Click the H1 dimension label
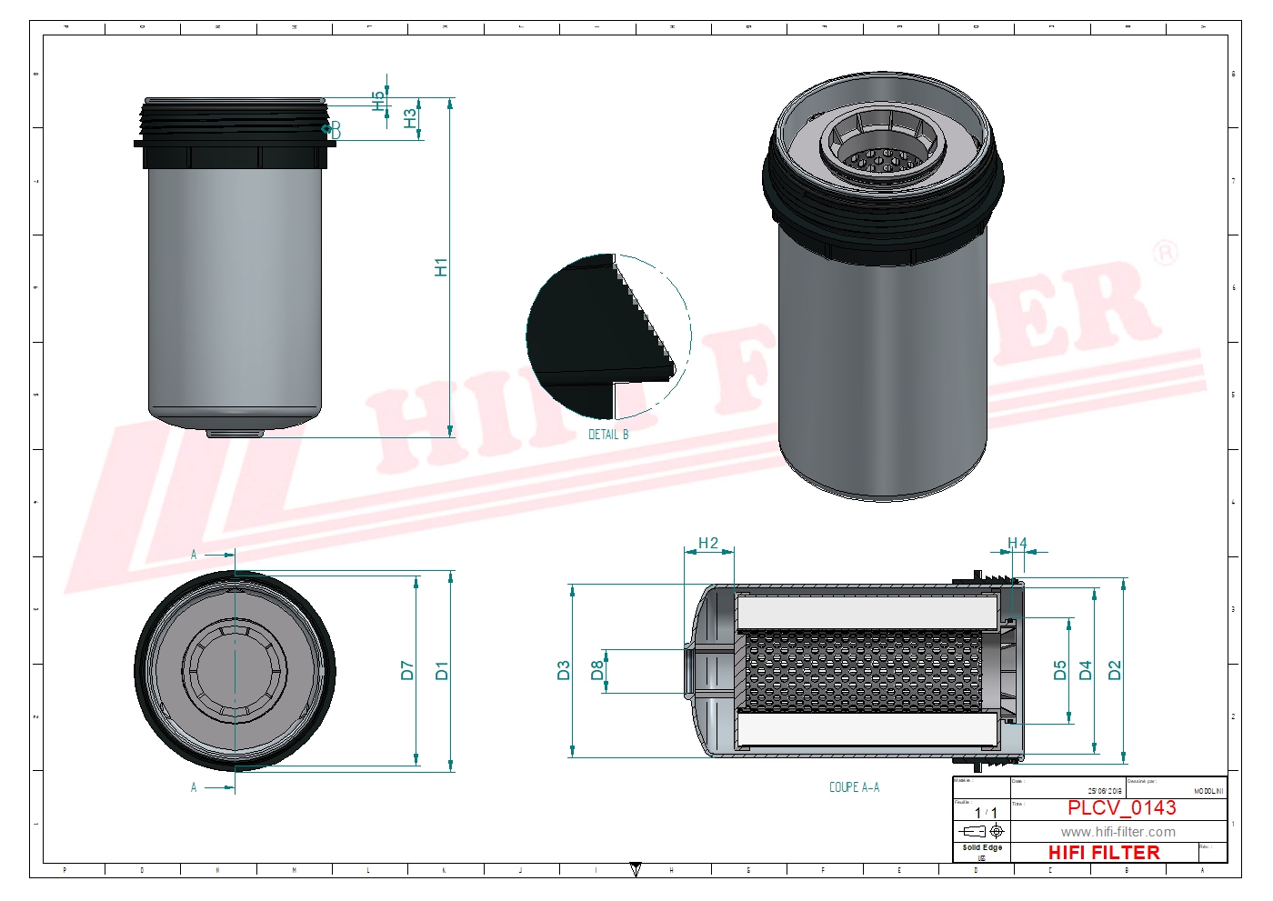coord(441,267)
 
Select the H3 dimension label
coord(410,118)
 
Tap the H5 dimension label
coord(379,100)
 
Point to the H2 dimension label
coord(708,544)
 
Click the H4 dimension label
coord(1017,544)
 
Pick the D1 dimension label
coord(442,671)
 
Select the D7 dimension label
coord(407,671)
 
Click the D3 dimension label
coord(564,671)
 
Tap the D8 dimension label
coord(597,671)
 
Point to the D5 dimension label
coord(1060,671)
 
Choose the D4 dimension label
coord(1086,671)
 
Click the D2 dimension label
coord(1116,671)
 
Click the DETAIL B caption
coord(608,435)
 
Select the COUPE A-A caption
coord(854,787)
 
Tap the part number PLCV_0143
coord(1121,808)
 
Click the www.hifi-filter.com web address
coord(1118,832)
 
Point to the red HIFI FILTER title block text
coord(1104,853)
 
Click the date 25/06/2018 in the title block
coord(1105,792)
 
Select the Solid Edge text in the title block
coord(982,847)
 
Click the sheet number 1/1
coord(986,813)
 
